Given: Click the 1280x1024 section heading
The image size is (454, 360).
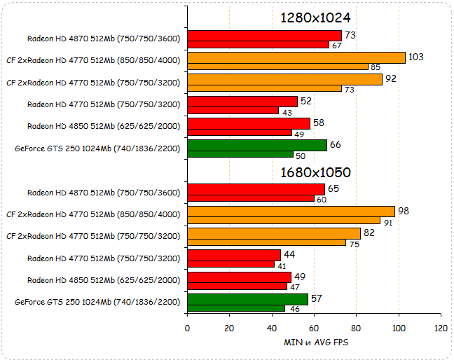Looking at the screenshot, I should click(x=315, y=18).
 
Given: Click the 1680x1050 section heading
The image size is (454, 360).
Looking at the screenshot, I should click(x=315, y=172).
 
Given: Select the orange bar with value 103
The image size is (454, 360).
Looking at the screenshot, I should click(x=296, y=57).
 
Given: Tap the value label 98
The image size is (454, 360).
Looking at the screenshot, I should click(x=404, y=211).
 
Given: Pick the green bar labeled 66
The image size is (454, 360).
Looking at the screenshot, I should click(x=257, y=145).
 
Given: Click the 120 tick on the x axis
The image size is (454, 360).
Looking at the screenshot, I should click(x=441, y=328).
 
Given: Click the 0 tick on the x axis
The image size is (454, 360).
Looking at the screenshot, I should click(x=187, y=328).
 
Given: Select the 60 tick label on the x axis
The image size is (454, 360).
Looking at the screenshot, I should click(x=314, y=328).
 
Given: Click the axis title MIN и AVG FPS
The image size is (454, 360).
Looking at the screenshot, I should click(x=313, y=342).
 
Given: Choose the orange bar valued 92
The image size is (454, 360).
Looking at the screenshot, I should click(x=284, y=79).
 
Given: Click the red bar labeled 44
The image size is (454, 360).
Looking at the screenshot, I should click(x=234, y=255).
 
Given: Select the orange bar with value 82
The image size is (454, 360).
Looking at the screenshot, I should click(x=274, y=233).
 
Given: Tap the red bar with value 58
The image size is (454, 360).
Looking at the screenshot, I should click(x=249, y=123).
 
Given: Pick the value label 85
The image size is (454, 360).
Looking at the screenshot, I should click(x=376, y=67).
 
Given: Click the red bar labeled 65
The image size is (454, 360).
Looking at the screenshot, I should click(x=256, y=190).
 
